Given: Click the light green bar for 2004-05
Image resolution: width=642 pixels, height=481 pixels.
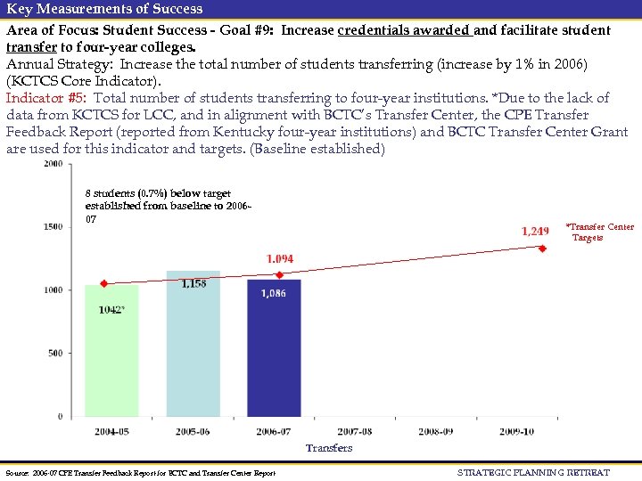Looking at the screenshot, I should pos(111,352).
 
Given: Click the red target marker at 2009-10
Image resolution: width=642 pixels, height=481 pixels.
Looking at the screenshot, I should pos(542,249).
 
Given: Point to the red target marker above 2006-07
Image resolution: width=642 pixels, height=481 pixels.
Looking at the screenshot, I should pos(279,274).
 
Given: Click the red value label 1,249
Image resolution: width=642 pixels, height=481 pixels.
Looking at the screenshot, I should pos(535,232).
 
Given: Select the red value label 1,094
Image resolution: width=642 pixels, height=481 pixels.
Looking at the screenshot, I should pos(279,259).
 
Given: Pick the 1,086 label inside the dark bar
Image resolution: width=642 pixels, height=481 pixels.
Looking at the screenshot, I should pos(274,293).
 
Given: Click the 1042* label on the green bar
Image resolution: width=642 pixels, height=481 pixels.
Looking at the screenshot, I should pos(111,310).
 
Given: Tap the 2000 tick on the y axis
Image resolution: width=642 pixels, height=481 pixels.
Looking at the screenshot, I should pos(53,164).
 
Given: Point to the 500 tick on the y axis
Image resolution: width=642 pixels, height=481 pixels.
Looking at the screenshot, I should pos(55,353).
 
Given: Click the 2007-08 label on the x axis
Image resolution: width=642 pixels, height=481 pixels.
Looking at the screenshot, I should pos(355,431).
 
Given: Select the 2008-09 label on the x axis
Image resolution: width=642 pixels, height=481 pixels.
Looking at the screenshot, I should pos(435,431).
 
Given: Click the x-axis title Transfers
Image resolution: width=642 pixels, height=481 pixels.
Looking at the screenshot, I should pos(329,448).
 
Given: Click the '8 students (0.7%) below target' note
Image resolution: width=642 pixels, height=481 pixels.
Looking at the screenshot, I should pos(158,193).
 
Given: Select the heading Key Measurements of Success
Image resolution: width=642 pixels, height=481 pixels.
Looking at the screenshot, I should pos(105,9).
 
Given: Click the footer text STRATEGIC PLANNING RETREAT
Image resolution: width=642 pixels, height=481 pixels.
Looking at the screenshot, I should pos(533,472).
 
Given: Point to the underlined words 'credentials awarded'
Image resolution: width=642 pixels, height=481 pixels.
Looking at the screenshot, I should pos(404,29).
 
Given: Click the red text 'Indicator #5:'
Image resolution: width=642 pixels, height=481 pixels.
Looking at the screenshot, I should pos(46,98).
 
